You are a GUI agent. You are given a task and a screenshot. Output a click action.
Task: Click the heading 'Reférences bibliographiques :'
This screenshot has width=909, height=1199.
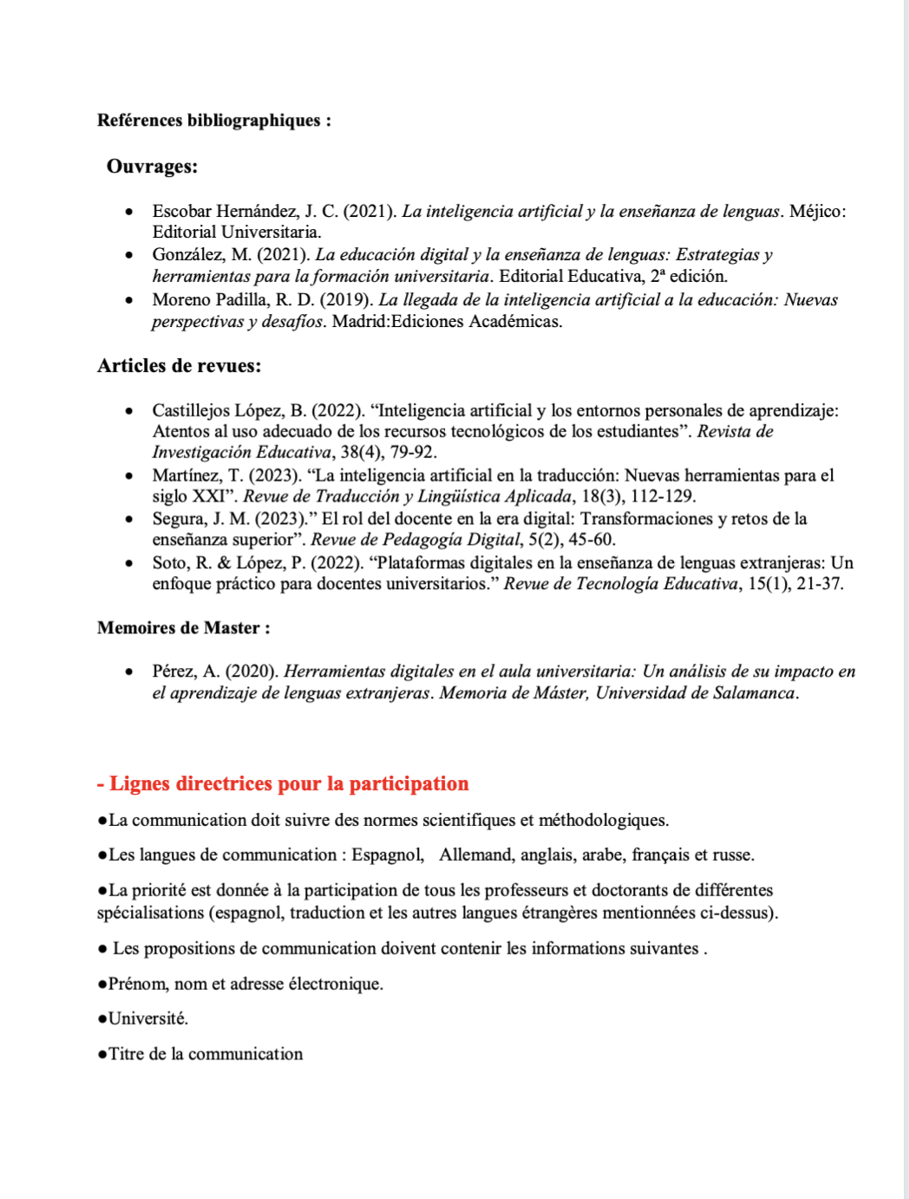point(213,121)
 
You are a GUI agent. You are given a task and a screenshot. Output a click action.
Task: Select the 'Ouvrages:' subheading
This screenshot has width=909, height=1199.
point(152,167)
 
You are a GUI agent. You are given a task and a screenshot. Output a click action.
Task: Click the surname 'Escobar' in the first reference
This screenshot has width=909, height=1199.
point(181,212)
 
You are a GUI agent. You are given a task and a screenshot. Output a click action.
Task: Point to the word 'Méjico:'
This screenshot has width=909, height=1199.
point(817,212)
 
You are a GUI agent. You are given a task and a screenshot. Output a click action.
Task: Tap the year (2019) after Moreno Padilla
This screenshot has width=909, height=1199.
point(347,300)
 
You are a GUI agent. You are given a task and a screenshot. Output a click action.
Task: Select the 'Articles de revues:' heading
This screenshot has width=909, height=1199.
point(179,366)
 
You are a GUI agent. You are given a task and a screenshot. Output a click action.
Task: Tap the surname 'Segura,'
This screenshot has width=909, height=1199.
point(179,519)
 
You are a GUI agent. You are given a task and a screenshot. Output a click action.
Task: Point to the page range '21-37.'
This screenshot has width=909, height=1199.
point(820,584)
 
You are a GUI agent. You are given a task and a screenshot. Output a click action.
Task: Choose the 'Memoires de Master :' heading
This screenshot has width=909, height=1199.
point(183,628)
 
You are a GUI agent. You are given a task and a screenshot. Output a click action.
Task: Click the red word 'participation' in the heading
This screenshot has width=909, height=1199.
point(409,784)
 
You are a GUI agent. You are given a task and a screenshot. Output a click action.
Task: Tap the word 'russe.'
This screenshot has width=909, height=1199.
point(733,855)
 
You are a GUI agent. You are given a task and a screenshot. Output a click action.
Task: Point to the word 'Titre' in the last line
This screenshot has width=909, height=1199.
point(127,1054)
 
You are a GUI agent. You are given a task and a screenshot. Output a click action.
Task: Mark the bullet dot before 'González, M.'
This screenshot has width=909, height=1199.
point(129,255)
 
